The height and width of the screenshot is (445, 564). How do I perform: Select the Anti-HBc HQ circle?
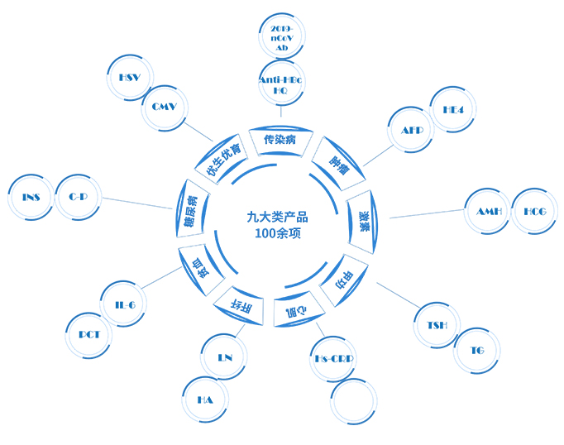[x=281, y=84]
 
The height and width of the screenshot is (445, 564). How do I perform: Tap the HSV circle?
[x=129, y=77]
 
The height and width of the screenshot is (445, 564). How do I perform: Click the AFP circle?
[x=412, y=131]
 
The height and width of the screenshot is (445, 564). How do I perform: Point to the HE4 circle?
[x=453, y=109]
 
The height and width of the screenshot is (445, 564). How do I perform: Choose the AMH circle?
[x=488, y=212]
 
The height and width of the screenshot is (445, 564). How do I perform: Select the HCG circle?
[x=535, y=212]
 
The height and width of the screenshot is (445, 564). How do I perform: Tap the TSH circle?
[x=437, y=325]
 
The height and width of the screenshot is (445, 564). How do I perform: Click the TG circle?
[x=477, y=351]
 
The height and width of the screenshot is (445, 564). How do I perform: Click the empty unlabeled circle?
[x=353, y=401]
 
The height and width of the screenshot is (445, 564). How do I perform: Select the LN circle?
[x=224, y=358]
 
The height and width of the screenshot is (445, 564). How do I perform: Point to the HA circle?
[x=205, y=400]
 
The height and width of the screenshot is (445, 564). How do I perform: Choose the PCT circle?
[x=89, y=335]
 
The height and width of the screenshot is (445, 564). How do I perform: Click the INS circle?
[x=31, y=197]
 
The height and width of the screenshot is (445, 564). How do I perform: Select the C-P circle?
[x=79, y=197]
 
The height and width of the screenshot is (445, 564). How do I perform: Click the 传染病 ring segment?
[x=280, y=141]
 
